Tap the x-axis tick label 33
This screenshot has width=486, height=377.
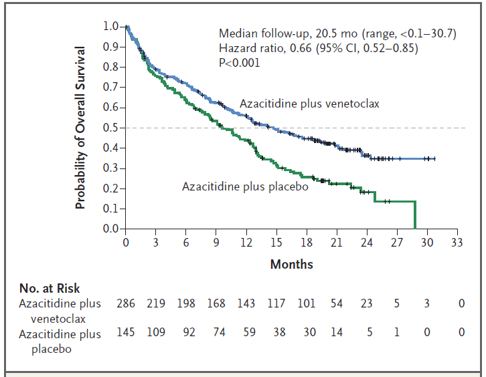point(457,242)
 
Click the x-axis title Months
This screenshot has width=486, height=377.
point(291,264)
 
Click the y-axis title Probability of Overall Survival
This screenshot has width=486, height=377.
point(80,128)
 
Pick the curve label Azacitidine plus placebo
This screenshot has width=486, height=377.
point(245,186)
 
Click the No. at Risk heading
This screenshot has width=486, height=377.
point(50,289)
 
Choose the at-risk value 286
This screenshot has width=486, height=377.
point(126,304)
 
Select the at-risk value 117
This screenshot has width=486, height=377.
point(276,304)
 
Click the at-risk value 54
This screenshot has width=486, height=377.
point(336,304)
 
